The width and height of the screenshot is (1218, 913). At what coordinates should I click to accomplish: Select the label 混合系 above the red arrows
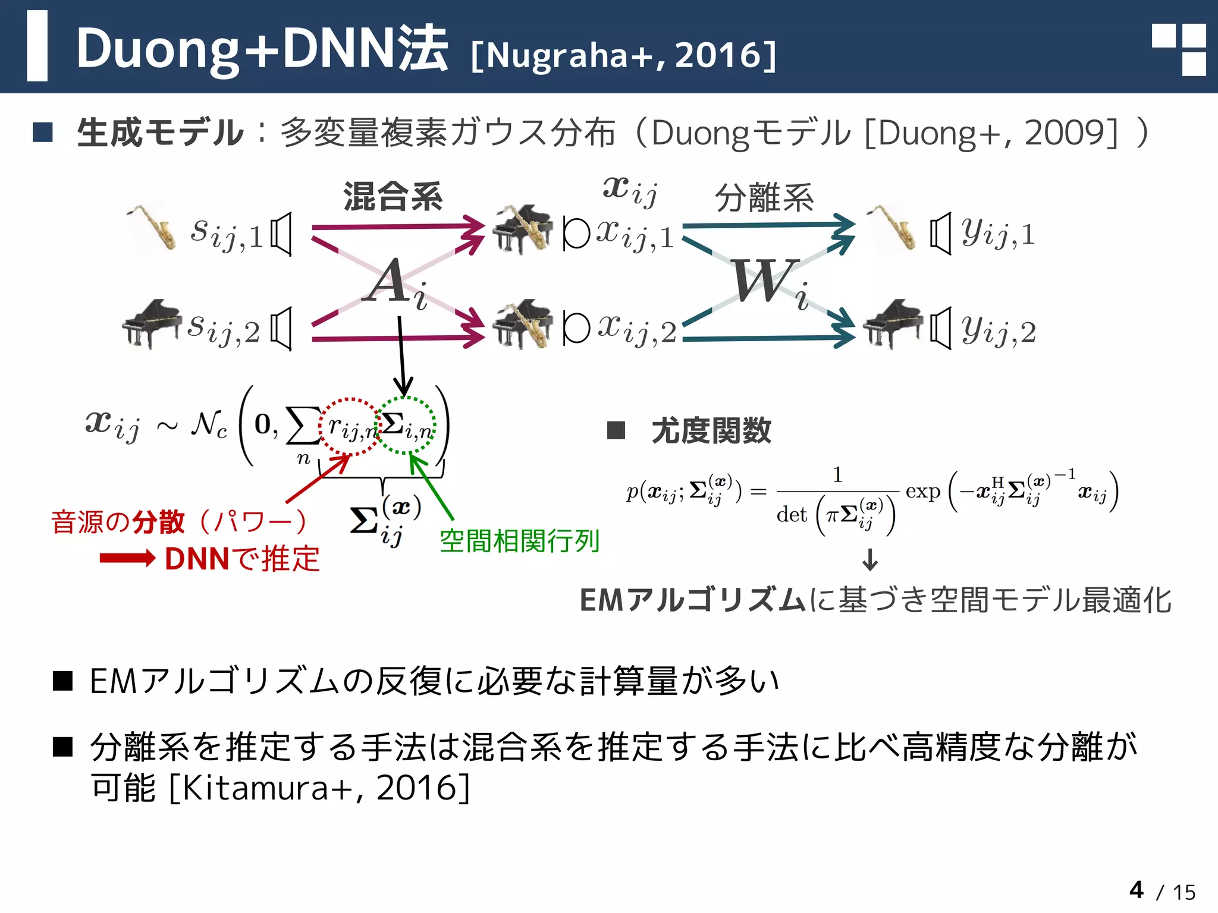pos(393,197)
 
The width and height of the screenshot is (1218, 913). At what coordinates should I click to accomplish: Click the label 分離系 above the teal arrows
pos(764,198)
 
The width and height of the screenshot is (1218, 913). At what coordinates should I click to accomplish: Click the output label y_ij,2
pos(999,330)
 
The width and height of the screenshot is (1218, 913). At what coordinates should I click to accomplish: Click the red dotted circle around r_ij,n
pos(350,426)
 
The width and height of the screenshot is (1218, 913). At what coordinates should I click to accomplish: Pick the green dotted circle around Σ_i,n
pos(408,426)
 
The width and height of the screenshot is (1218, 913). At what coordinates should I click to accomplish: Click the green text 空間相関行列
pos(519,540)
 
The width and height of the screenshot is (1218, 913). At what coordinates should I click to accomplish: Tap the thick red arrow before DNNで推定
pos(127,558)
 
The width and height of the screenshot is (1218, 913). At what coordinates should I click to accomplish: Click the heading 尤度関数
pos(711,430)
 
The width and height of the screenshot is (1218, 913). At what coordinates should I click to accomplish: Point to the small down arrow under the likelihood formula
pos(870,559)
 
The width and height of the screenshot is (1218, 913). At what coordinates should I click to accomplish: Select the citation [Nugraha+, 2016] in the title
pos(623,55)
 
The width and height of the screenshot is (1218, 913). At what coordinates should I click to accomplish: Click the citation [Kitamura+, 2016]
pos(320,788)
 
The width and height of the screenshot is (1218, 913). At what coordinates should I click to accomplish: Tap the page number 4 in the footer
pos(1137,890)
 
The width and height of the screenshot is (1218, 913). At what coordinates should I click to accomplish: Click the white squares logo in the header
pos(1178,50)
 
